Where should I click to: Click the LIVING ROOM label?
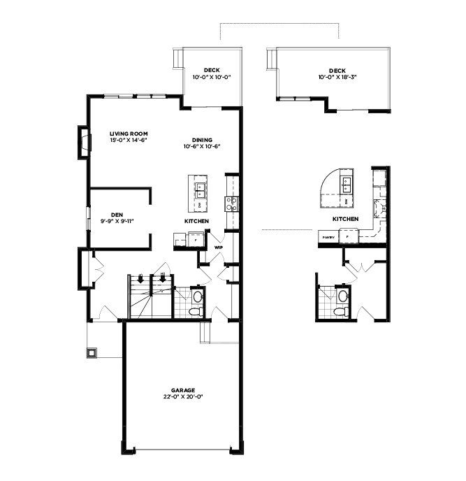128,133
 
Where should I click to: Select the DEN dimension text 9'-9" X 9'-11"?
117,221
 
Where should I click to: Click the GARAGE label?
182,390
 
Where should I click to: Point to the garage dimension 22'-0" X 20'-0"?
182,396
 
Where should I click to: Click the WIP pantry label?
218,247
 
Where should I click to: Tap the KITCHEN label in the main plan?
197,221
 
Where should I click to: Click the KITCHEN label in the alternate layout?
345,219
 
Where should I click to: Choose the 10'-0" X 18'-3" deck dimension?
337,77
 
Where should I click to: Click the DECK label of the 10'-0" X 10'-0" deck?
212,70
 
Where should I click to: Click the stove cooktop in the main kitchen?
231,203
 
